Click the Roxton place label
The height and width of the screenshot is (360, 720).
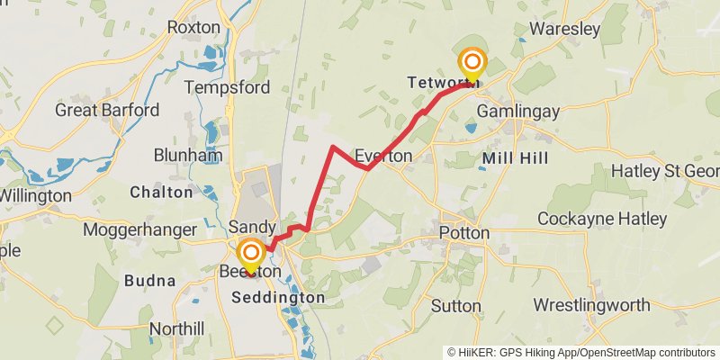193,27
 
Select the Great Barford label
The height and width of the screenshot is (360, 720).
107,111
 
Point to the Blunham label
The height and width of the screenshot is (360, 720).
188,155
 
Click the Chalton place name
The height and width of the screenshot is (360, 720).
161,192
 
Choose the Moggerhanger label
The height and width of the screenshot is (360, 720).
139,229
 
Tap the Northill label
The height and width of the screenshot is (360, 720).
177,328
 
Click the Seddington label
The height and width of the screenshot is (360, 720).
278,297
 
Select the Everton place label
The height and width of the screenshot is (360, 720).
383,155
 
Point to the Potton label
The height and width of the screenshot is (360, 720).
464,233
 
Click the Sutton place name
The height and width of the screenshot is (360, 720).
456,306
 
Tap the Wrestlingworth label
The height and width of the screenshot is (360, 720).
590,305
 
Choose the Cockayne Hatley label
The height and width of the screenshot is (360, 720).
602,219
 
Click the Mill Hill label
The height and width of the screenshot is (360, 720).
514,158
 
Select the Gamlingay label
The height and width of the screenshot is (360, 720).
518,111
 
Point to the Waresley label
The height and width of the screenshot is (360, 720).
565,29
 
